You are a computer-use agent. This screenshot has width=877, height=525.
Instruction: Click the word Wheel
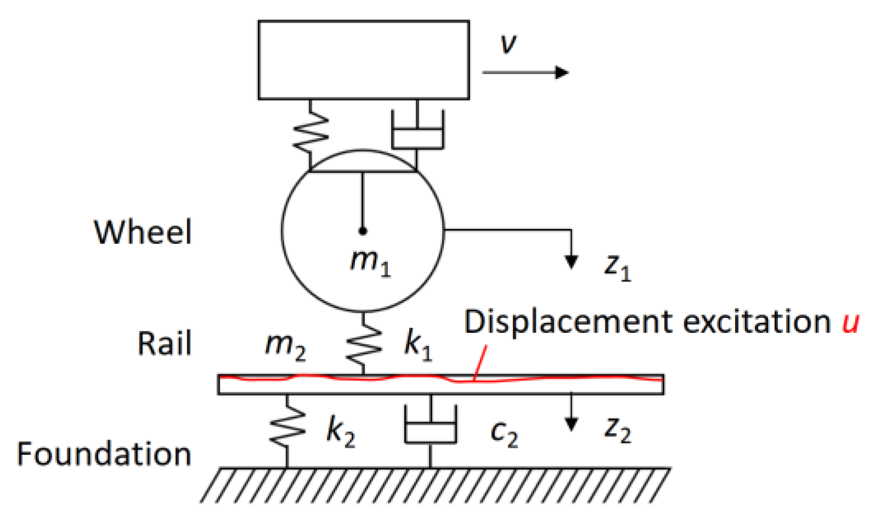[143, 232]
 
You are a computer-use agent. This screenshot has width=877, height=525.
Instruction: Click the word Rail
[164, 344]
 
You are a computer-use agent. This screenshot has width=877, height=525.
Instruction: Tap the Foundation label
[104, 454]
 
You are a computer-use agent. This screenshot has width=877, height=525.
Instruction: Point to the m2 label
[285, 346]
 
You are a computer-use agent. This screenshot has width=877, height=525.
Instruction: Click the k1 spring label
[418, 346]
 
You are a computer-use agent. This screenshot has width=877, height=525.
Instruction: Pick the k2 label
[340, 431]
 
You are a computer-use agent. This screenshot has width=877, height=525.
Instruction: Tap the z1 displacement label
[617, 266]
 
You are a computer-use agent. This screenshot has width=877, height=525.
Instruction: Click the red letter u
[850, 322]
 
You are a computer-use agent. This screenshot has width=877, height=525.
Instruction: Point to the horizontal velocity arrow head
[562, 72]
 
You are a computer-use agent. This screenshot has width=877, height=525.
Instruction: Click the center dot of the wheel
[362, 231]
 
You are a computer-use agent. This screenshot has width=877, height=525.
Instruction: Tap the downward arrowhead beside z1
[571, 262]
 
